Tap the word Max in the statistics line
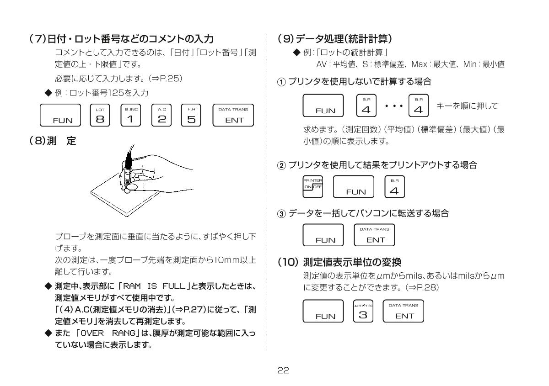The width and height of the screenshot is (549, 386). [432, 64]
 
